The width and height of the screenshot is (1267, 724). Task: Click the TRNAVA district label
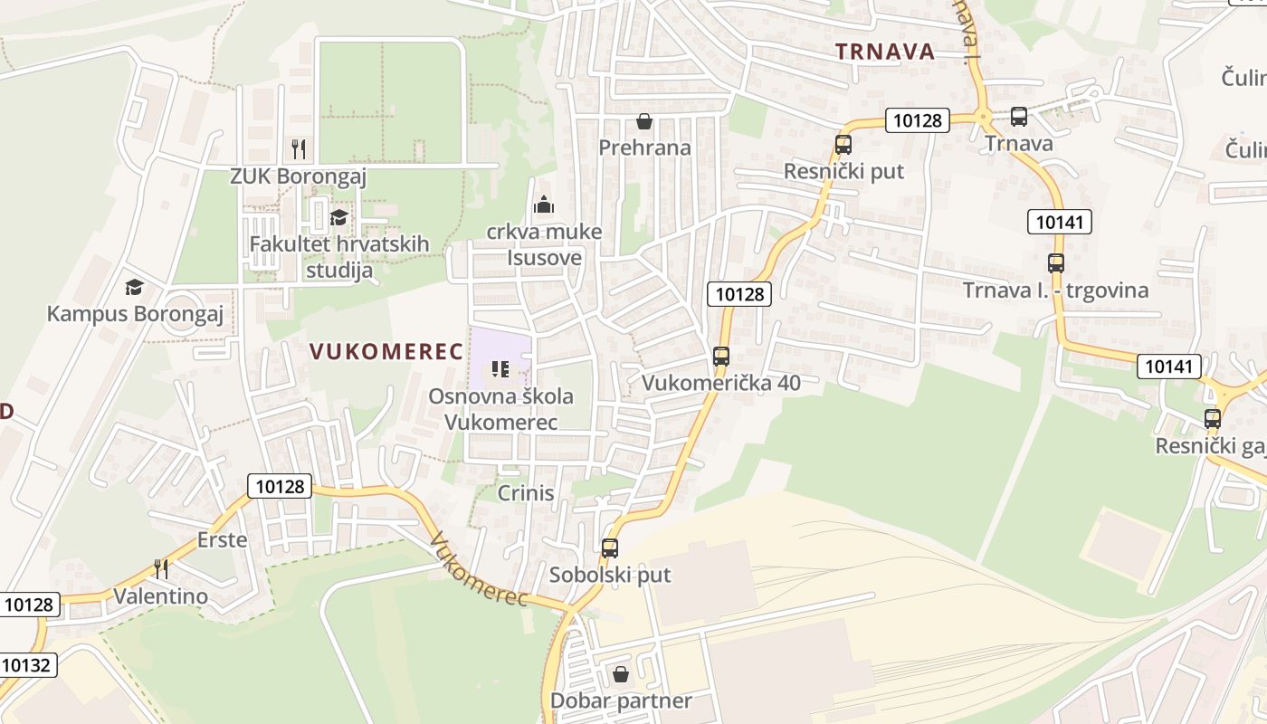[x=885, y=52]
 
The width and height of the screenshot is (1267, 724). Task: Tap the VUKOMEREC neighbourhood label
[x=386, y=352]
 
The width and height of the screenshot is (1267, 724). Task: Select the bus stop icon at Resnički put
[x=843, y=144]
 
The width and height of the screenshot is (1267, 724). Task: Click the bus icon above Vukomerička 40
[x=721, y=357]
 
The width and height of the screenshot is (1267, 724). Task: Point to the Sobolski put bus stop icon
[x=610, y=548]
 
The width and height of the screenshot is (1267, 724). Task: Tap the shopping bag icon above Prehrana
[x=644, y=120]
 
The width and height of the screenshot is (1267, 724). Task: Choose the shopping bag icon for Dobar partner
[x=621, y=674]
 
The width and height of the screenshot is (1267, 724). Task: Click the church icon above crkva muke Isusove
[x=543, y=205]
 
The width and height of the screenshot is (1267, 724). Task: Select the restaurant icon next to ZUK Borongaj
[x=299, y=148]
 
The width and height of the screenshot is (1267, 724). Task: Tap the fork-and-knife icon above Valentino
[x=161, y=568]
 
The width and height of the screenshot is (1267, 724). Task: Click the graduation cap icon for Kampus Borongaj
[x=135, y=287]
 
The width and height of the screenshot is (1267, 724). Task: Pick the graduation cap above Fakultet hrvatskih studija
[x=338, y=217]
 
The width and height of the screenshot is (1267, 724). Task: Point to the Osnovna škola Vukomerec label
[x=500, y=409]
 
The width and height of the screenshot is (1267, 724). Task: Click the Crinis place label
[x=526, y=493]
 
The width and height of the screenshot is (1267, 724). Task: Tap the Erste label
[x=222, y=540]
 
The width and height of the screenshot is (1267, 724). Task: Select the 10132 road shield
[x=26, y=665]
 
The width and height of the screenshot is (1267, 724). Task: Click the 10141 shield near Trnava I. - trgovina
[x=1060, y=222]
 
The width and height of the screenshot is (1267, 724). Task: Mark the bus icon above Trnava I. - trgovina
[x=1056, y=263]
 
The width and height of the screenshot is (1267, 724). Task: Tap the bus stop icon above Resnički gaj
[x=1213, y=419]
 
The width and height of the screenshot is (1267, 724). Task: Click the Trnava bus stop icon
[x=1019, y=116]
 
